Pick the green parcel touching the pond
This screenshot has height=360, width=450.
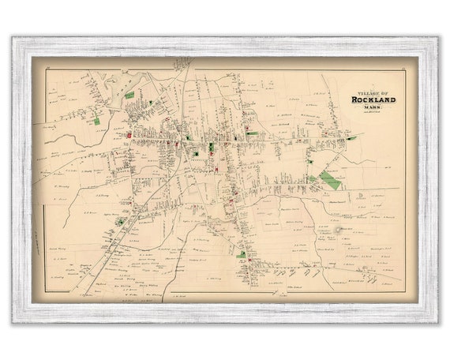point(129,94)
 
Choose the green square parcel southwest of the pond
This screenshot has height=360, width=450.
point(97,121)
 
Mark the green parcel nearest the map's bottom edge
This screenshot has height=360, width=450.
point(242,255)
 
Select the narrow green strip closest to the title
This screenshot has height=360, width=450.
point(351,137)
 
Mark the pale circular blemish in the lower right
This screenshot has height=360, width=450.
point(339,230)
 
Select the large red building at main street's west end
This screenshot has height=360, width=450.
point(125,134)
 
